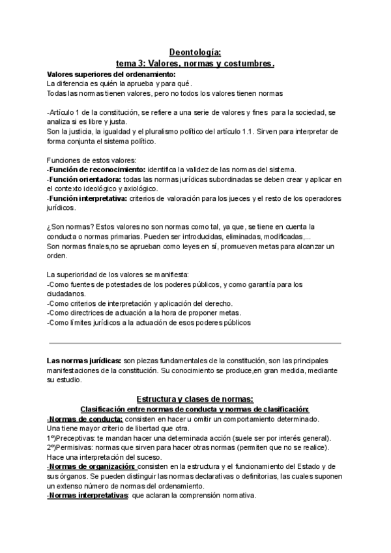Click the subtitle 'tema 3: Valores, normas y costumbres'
(x=195, y=64)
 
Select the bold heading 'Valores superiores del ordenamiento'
(x=107, y=75)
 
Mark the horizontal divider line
(x=195, y=343)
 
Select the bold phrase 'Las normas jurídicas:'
(x=84, y=361)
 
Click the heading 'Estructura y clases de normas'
(x=195, y=398)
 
